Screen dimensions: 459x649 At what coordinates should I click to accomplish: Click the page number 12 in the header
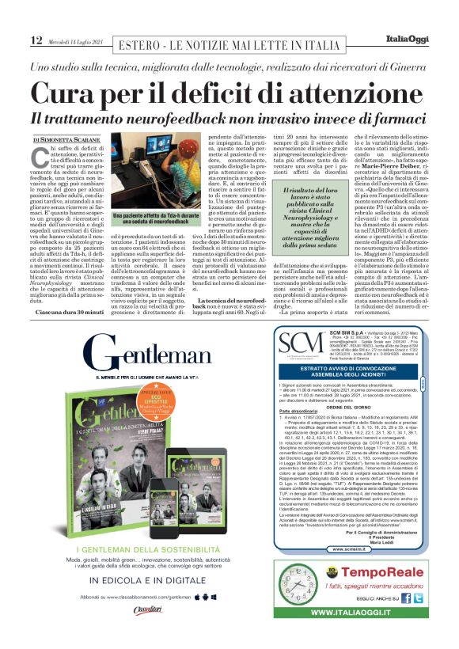(36, 40)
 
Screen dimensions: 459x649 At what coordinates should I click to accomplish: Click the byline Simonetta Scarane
(67, 140)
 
